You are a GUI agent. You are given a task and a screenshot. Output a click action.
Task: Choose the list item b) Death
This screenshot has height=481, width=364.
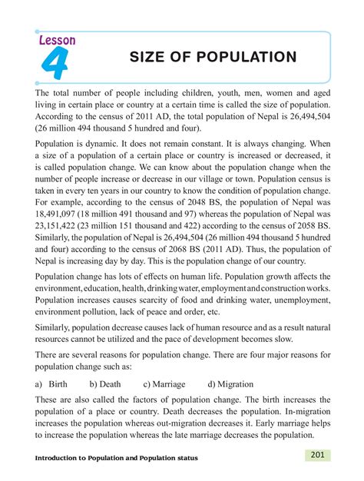click(x=104, y=383)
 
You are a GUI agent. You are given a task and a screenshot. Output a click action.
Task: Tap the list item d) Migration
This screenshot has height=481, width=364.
click(x=230, y=383)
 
